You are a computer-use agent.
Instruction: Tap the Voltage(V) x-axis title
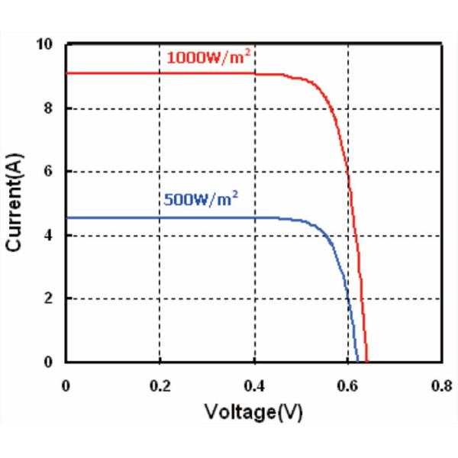pos(254,412)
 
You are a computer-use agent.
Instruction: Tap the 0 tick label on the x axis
pos(66,385)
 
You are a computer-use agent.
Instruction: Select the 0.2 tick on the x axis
pos(160,385)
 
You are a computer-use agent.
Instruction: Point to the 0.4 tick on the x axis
pos(253,385)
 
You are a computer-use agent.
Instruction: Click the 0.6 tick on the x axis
pos(348,385)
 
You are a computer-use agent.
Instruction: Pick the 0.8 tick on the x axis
pos(441,385)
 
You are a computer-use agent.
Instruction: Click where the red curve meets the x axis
pos(367,361)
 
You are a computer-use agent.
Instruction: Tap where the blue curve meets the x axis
pos(357,361)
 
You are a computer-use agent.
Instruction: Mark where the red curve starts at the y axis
pos(66,73)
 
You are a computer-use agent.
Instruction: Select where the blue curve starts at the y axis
pos(66,218)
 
